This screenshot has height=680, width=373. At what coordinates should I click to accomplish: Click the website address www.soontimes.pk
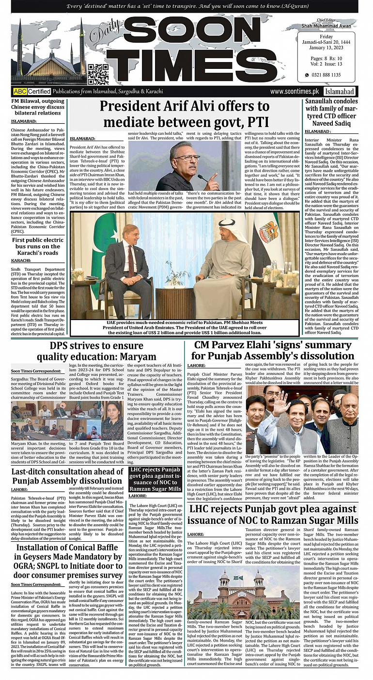coord(295,91)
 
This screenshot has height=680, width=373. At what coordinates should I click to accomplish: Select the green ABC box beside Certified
coord(20,91)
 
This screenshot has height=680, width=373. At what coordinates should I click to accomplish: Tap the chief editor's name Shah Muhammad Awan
coord(332,26)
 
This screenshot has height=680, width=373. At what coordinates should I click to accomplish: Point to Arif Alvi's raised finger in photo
coord(214,166)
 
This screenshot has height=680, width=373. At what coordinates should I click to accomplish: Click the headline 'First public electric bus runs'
coord(38,247)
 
